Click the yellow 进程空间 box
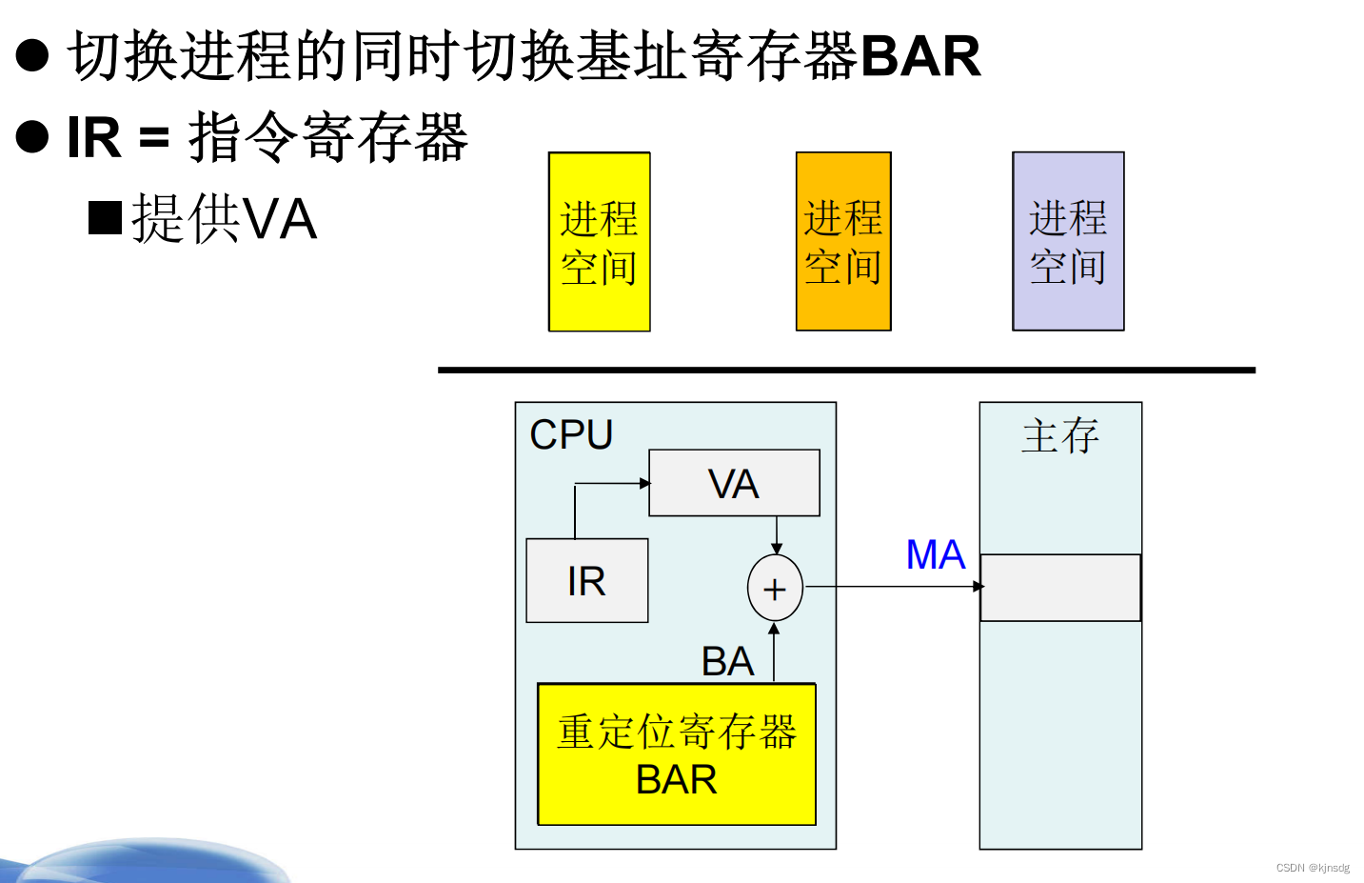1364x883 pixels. (599, 242)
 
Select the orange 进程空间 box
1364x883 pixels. (843, 242)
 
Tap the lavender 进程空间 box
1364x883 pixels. (1068, 242)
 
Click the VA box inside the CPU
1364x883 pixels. (734, 483)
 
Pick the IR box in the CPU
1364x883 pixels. (586, 581)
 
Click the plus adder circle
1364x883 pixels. (775, 589)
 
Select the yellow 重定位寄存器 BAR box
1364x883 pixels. (676, 754)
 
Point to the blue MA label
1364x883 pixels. (935, 554)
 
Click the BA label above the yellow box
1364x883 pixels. (727, 661)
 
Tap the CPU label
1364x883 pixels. (571, 434)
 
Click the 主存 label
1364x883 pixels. (1059, 435)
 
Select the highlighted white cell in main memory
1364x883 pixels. (1060, 588)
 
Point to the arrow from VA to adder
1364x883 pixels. (777, 534)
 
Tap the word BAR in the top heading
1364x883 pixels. (920, 55)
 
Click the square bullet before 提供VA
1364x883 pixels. (105, 218)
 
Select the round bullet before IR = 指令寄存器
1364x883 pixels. (32, 137)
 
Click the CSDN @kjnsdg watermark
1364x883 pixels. (1313, 868)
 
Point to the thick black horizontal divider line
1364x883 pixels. (846, 370)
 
